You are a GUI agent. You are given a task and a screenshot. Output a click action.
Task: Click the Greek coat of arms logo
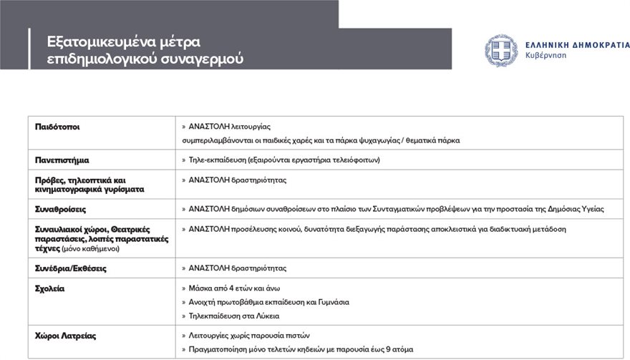click(501, 51)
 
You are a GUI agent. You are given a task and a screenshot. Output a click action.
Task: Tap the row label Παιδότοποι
click(58, 127)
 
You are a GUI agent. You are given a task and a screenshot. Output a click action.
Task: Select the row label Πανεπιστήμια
click(62, 160)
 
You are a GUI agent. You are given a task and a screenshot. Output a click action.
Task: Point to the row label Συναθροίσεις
click(61, 209)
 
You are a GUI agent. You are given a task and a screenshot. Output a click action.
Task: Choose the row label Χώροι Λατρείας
click(66, 335)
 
